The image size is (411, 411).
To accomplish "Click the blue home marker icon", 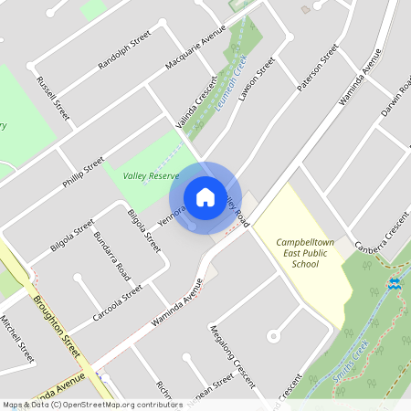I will point(205,197).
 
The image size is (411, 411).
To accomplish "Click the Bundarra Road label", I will point(111,256).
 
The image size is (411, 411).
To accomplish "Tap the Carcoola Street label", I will point(118,303).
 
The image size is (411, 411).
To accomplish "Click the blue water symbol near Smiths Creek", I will point(394,284).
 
